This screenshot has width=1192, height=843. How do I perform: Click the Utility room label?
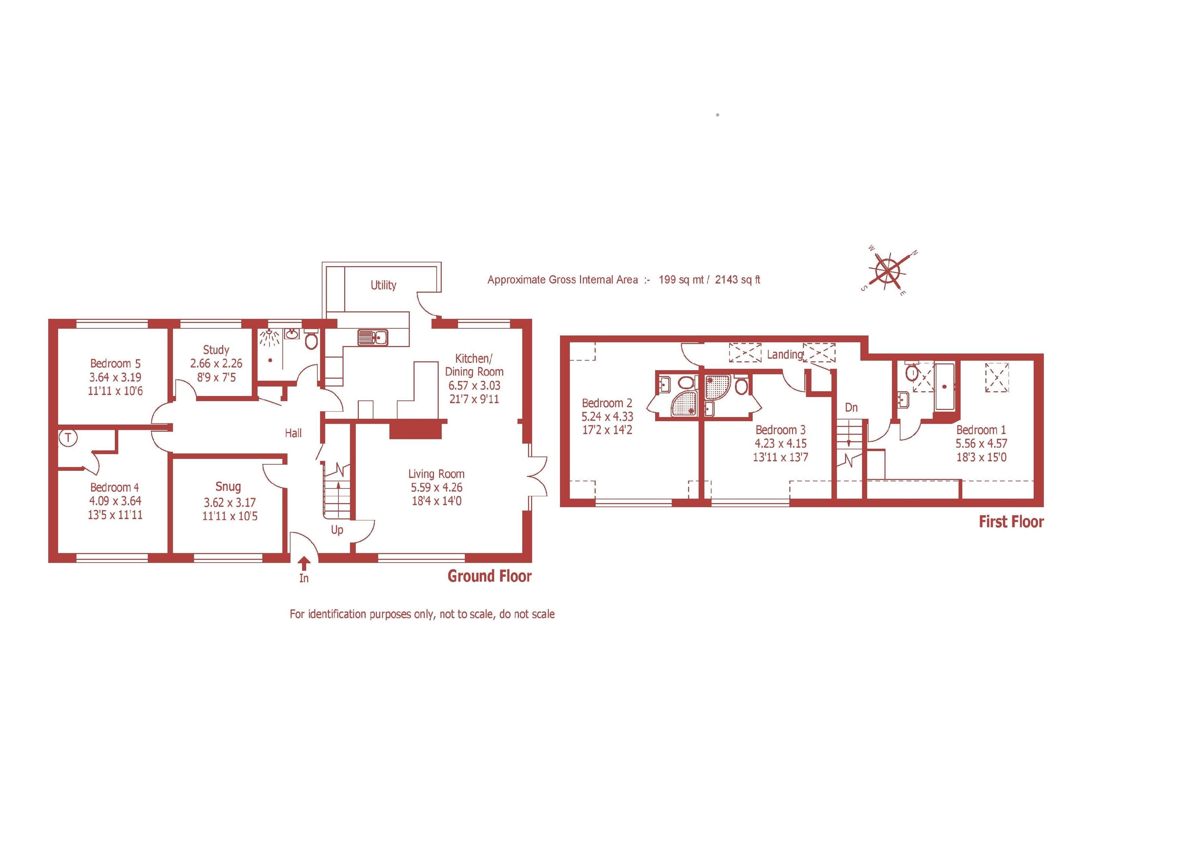pyautogui.click(x=383, y=285)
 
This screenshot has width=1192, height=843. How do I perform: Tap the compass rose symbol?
pyautogui.click(x=889, y=271)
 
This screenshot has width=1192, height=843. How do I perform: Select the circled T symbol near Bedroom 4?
pyautogui.click(x=68, y=438)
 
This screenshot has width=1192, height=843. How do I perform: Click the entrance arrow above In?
pyautogui.click(x=304, y=563)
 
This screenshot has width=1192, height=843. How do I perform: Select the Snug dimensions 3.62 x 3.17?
pyautogui.click(x=229, y=502)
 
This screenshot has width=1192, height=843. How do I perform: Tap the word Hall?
pyautogui.click(x=293, y=433)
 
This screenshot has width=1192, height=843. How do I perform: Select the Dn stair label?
pyautogui.click(x=851, y=408)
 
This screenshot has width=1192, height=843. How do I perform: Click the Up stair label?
pyautogui.click(x=337, y=530)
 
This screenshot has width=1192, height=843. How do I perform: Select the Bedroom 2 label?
pyautogui.click(x=607, y=403)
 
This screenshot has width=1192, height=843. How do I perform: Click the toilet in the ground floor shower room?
pyautogui.click(x=311, y=341)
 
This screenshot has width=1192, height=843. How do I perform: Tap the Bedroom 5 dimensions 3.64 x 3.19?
pyautogui.click(x=115, y=377)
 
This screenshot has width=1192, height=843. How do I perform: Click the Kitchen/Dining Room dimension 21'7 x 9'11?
pyautogui.click(x=474, y=399)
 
